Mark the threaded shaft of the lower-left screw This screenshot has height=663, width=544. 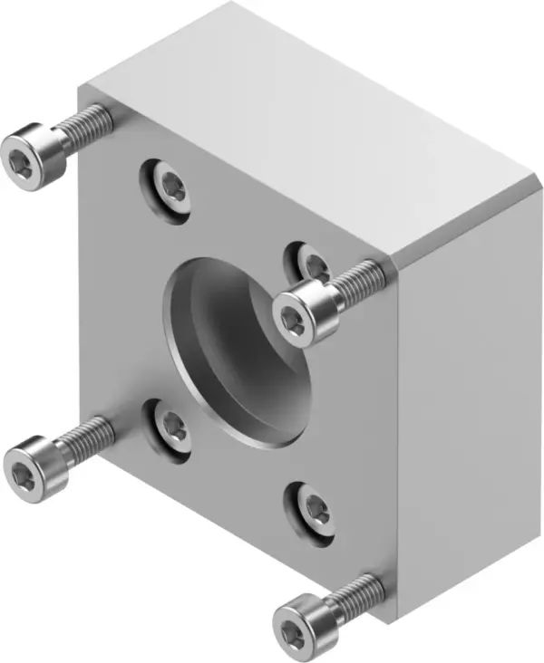click(x=86, y=435)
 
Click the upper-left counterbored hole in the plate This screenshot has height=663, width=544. click(x=170, y=188)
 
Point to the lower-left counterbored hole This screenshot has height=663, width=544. click(x=170, y=426)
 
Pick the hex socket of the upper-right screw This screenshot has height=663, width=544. click(x=293, y=319)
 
